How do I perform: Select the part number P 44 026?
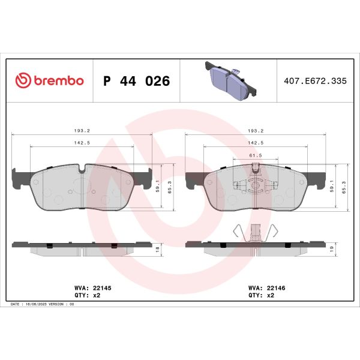pos(136,81)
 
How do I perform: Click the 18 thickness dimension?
pos(158,248)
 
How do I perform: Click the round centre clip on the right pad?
pos(256,185)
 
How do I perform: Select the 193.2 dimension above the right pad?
pos(256,131)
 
